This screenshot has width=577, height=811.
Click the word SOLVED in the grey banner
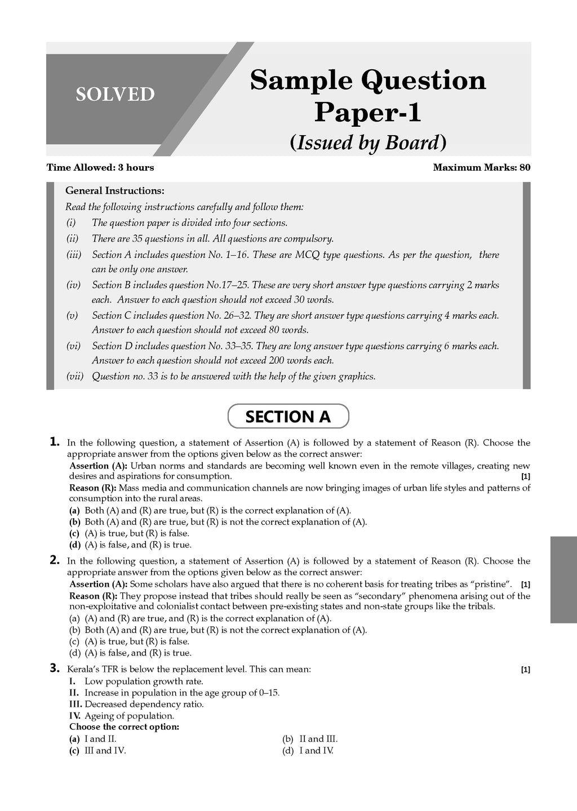(115, 94)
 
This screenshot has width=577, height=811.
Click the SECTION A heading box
(288, 417)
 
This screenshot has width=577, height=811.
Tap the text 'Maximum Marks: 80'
(481, 167)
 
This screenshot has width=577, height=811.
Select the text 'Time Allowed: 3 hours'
(100, 167)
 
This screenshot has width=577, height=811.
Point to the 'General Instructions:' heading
(115, 191)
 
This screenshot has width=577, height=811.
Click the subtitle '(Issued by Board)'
(368, 142)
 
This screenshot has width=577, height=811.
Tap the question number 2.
(55, 560)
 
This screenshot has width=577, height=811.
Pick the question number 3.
(55, 669)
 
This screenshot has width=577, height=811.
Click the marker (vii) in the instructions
(74, 376)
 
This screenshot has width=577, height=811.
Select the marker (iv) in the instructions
(74, 285)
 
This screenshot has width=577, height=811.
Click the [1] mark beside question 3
(525, 670)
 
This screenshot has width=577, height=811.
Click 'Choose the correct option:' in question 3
(124, 727)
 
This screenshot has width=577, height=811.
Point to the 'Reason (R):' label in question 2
(93, 596)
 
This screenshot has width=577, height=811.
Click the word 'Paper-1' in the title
(367, 112)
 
